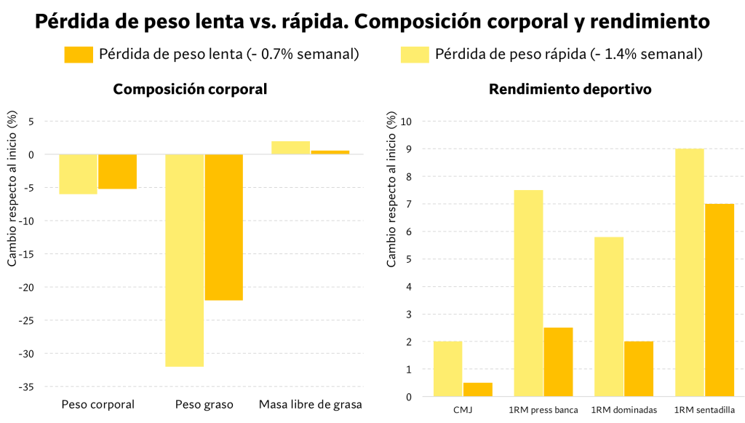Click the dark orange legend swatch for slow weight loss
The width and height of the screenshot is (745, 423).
(79, 55)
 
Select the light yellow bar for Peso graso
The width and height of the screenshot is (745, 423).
(185, 260)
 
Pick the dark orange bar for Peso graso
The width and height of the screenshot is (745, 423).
(224, 227)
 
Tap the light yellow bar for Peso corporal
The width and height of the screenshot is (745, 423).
(78, 174)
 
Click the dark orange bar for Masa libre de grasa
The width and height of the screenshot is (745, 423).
(330, 152)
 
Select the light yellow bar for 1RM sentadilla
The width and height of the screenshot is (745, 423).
(689, 272)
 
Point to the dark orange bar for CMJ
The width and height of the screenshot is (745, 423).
(478, 390)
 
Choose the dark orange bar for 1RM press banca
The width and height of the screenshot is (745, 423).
(558, 362)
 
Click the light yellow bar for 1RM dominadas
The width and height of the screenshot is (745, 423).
(609, 317)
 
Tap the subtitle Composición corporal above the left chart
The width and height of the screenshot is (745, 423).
(190, 90)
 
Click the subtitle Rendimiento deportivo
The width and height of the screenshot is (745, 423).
(570, 90)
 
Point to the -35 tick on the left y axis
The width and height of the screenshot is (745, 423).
(26, 387)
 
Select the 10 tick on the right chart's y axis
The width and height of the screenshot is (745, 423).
(407, 122)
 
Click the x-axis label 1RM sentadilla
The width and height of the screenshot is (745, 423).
(704, 410)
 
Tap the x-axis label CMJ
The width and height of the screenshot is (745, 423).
(463, 410)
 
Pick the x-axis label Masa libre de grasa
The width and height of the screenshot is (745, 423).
(311, 404)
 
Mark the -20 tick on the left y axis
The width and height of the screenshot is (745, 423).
(26, 288)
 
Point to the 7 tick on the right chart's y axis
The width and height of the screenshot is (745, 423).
(410, 205)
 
